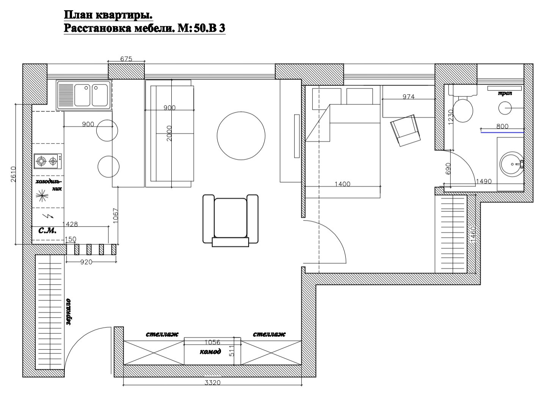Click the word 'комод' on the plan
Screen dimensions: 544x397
point(210,352)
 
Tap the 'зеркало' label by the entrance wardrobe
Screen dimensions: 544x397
point(68,312)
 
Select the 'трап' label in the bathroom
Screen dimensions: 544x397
point(505,93)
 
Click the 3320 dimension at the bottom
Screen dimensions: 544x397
point(213,383)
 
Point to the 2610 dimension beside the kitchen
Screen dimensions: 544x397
point(14,174)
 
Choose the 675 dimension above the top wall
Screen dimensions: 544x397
point(126,59)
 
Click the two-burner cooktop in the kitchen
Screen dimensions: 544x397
point(48,161)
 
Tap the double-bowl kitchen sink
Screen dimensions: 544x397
point(84,95)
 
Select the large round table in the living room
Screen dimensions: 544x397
point(241,136)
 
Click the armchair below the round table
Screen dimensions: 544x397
point(230,220)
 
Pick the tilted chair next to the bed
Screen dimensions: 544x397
point(405,130)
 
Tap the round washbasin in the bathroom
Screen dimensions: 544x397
point(511,164)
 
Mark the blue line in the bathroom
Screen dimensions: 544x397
point(502,133)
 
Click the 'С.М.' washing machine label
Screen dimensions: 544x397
point(48,230)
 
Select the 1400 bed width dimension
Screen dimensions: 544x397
point(342,184)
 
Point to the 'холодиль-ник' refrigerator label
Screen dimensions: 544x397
point(49,185)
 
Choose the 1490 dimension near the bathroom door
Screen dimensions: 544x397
point(484,181)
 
